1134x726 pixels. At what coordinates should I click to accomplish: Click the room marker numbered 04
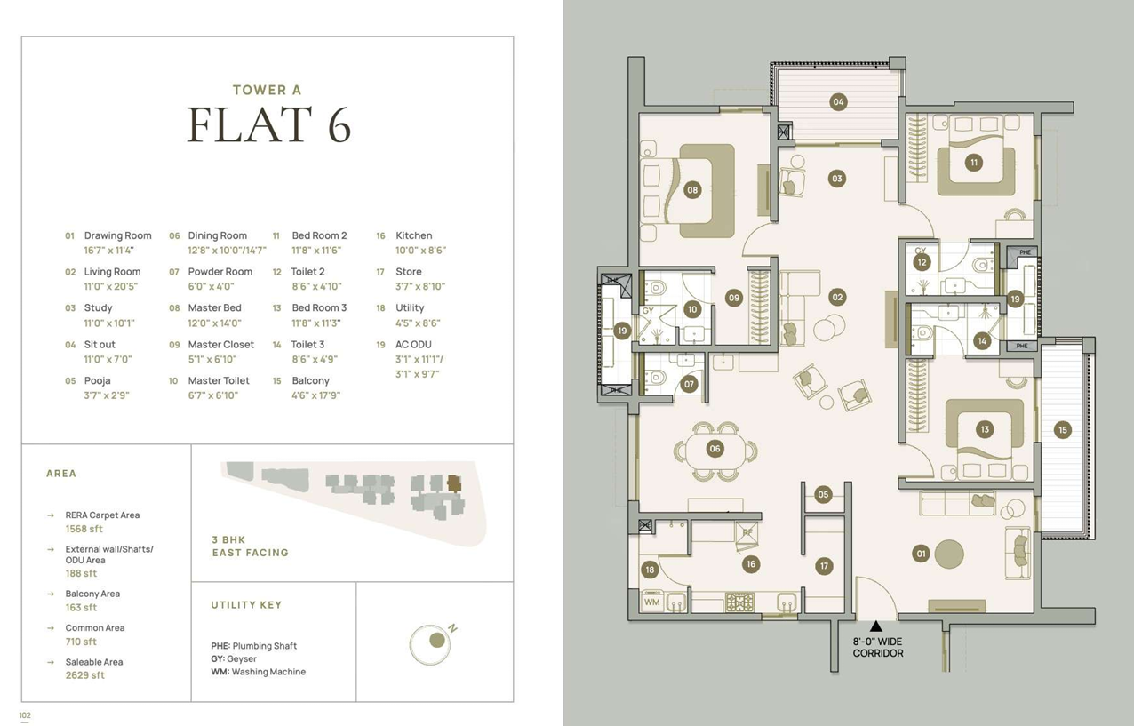coord(838,102)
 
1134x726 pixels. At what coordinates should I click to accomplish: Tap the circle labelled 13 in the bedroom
coord(985,429)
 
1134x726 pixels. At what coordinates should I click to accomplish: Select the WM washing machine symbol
coord(652,602)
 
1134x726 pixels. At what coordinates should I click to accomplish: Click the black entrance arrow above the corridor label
coord(875,626)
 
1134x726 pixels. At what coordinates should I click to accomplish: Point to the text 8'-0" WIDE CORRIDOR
coord(878,647)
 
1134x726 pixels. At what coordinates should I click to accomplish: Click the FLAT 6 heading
coord(269,124)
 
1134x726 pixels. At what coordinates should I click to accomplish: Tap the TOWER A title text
coord(267,90)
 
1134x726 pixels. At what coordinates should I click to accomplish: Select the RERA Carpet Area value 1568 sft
coord(84,529)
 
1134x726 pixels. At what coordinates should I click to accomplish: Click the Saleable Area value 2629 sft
coord(85,674)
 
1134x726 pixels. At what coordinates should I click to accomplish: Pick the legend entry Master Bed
coord(215,307)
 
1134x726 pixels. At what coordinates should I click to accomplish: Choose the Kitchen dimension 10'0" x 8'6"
coord(420,250)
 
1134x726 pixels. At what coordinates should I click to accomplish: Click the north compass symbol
coord(430,643)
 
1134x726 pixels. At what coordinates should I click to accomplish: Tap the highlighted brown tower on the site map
coord(454,483)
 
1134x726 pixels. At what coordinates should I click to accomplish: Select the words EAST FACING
coord(250,553)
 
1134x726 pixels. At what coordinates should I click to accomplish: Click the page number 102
coord(25,715)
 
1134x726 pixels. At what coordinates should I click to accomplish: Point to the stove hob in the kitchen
coord(739,602)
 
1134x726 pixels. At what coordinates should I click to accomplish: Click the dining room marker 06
coord(715,449)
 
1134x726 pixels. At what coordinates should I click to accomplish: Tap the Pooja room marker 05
coord(823,495)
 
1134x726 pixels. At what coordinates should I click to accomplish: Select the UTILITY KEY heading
coord(246,605)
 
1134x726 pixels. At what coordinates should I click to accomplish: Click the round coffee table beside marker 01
coord(949,554)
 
